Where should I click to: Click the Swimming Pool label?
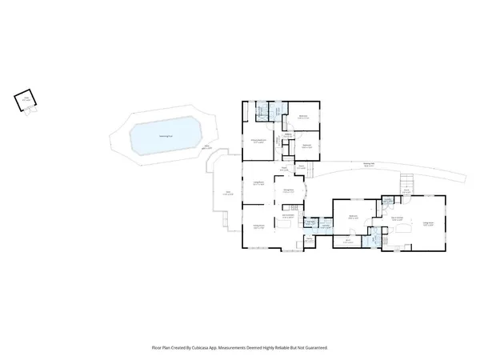(x=163, y=137)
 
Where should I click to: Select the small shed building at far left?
(x=26, y=100)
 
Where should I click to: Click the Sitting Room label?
(x=258, y=226)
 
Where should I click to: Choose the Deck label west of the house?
(x=227, y=193)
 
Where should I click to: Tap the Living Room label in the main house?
(x=258, y=184)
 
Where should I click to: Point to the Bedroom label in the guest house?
(x=352, y=216)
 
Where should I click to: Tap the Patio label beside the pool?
(x=207, y=147)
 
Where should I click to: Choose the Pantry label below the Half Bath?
(x=309, y=238)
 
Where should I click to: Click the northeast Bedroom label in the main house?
(x=303, y=116)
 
